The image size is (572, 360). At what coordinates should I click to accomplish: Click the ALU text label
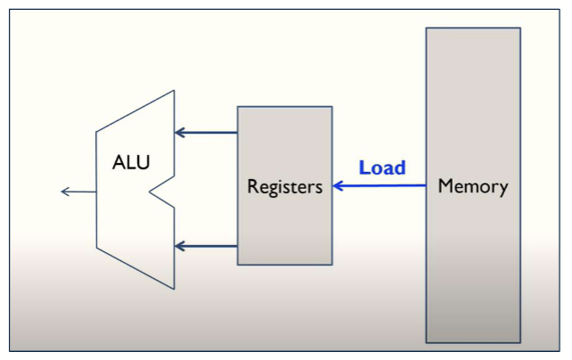[132, 163]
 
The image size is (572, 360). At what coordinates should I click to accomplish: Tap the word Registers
[285, 187]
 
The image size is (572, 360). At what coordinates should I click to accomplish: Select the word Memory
[473, 187]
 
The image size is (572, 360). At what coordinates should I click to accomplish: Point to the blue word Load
[382, 168]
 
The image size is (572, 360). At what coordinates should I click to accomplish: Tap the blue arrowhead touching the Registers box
[339, 186]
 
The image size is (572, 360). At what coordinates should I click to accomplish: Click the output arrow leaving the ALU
[78, 192]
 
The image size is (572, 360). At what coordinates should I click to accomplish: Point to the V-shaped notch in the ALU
[154, 189]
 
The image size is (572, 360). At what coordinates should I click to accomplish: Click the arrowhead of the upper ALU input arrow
[180, 133]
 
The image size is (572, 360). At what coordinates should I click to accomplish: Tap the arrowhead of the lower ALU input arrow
[180, 245]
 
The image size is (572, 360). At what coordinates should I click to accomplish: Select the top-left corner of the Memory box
[427, 29]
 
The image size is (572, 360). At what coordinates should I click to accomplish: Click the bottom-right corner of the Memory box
[519, 342]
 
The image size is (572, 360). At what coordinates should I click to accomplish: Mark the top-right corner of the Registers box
[331, 108]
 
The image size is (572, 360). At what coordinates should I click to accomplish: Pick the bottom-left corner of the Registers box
[238, 264]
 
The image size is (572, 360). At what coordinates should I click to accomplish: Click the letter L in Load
[364, 168]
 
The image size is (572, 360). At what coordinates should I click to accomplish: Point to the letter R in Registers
[253, 187]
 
